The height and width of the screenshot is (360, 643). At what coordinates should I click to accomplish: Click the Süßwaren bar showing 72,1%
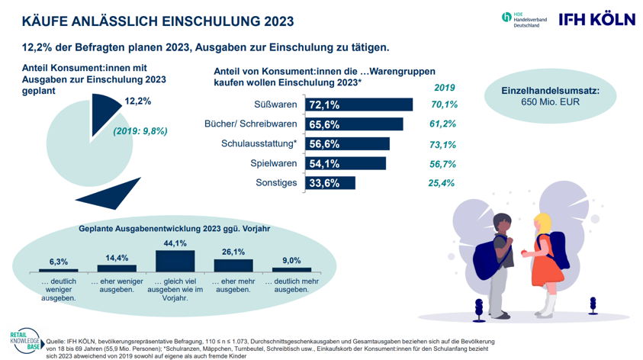coord(358,104)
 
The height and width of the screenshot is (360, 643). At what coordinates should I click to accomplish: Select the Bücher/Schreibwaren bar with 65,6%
coord(354,124)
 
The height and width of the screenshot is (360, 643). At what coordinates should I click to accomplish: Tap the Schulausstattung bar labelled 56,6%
coord(347,143)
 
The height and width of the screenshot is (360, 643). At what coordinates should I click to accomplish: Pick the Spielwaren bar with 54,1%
coord(346,163)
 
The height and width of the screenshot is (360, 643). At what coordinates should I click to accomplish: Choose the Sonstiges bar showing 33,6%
coord(330,183)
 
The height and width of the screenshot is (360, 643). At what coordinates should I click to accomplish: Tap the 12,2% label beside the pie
coord(137,101)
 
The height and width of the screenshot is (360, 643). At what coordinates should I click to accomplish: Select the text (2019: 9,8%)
coord(140,130)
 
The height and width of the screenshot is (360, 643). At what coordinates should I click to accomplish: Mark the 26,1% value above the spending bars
coord(233,252)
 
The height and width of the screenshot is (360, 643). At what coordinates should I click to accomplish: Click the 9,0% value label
coord(291,259)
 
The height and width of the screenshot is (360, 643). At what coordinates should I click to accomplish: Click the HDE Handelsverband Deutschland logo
coord(520,20)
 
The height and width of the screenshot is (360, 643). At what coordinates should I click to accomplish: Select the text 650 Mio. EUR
coord(550,104)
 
